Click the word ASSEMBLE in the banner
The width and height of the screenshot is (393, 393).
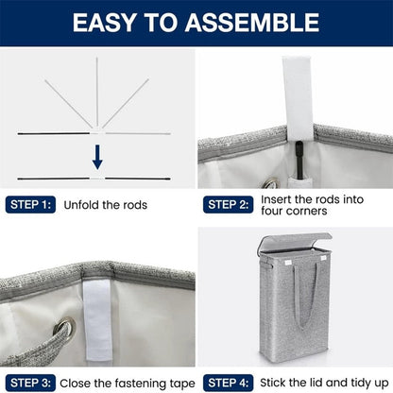pos(252,23)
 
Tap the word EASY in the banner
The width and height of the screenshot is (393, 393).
pos(104,23)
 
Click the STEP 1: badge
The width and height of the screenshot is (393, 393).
pos(30,205)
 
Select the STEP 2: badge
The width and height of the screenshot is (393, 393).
pos(228,205)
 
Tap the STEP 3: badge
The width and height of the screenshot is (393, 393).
pos(30,383)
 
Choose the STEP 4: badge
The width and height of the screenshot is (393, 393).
pos(228,383)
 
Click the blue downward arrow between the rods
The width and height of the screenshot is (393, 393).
pos(97,157)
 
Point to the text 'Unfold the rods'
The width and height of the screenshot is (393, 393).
pos(106,205)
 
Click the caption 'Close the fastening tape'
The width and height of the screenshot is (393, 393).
pos(128,384)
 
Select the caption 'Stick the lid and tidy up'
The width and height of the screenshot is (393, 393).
pos(324,383)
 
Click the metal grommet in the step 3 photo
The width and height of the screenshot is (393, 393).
pos(64,326)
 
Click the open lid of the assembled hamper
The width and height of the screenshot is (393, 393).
pos(295,241)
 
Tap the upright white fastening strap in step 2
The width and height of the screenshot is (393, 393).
pos(298,97)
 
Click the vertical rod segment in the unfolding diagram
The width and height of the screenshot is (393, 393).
pos(97,93)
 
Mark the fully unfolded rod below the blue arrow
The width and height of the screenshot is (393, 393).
pos(94,179)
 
